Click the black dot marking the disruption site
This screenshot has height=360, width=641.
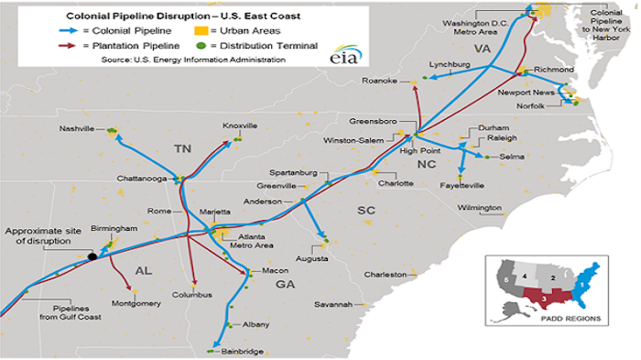92,257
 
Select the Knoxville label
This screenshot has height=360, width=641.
239,125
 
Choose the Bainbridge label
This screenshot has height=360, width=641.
242,351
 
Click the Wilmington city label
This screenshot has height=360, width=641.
480,208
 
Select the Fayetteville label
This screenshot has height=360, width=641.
462,185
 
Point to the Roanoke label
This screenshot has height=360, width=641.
380,82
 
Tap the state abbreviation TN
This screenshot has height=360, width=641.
183,147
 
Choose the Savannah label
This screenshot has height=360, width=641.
333,304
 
